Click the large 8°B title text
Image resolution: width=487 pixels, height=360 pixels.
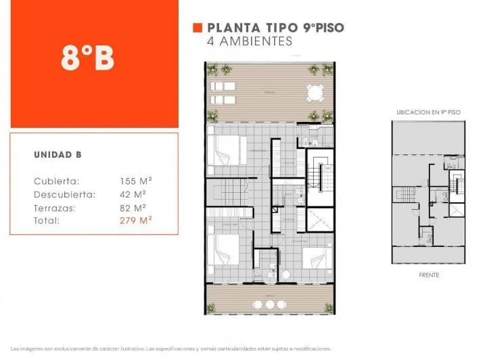pyautogui.click(x=87, y=60)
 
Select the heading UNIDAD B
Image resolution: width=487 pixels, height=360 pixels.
pyautogui.click(x=57, y=155)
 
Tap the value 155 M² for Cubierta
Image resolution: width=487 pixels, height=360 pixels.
pyautogui.click(x=135, y=181)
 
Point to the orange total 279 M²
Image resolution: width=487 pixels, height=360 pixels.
pyautogui.click(x=135, y=221)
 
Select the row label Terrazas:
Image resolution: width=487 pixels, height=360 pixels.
pyautogui.click(x=55, y=208)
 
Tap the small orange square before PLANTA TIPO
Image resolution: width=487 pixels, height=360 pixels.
pyautogui.click(x=198, y=28)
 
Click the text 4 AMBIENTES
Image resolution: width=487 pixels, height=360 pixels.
pyautogui.click(x=250, y=41)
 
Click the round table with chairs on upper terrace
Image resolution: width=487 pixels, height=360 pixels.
pyautogui.click(x=315, y=93)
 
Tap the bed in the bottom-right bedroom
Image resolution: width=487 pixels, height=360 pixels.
pyautogui.click(x=316, y=259)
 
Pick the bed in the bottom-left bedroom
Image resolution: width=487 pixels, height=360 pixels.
pyautogui.click(x=223, y=250)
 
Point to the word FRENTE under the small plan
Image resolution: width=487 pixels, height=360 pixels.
pyautogui.click(x=428, y=275)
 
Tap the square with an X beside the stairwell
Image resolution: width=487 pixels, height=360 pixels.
pyautogui.click(x=320, y=220)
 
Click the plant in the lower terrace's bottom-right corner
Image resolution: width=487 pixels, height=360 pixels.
pyautogui.click(x=329, y=308)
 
